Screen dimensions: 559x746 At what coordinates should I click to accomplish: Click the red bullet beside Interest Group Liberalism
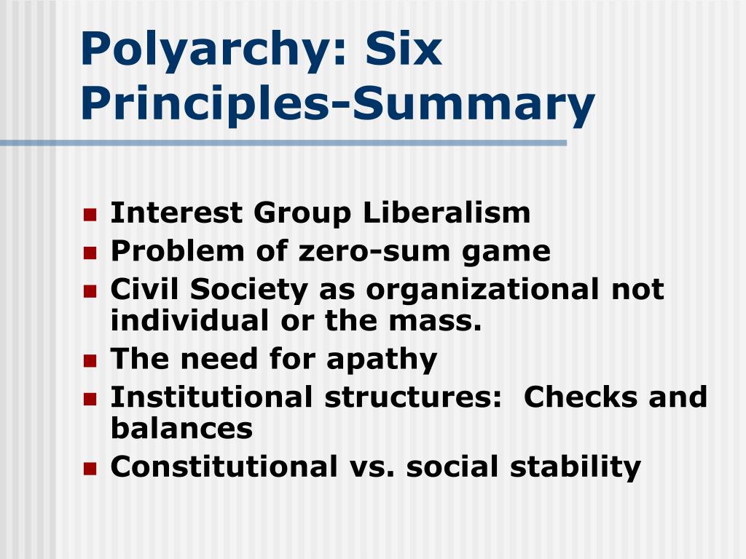[90, 215]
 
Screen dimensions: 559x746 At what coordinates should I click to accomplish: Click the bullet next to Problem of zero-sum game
[90, 253]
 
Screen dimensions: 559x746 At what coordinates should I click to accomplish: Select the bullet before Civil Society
[90, 291]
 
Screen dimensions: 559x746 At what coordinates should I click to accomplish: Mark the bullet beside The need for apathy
[90, 360]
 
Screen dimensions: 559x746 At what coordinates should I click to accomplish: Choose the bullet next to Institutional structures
[90, 399]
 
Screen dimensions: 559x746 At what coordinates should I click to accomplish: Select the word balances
[181, 428]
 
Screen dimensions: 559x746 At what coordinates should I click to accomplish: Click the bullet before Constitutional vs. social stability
[90, 468]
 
